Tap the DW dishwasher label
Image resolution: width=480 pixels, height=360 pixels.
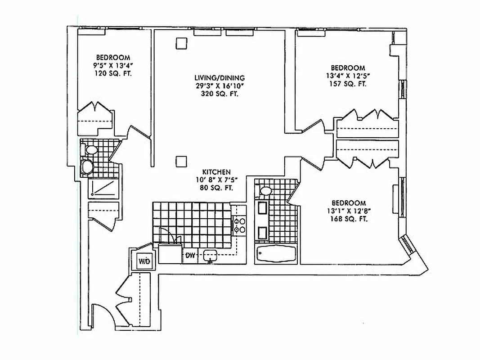tap(190, 256)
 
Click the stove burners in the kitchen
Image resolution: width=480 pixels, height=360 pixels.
tap(239, 225)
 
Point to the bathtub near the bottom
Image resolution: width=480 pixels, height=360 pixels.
tap(276, 255)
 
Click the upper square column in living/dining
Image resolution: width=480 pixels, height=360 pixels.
tap(181, 43)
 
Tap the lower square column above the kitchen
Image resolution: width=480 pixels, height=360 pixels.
tap(181, 161)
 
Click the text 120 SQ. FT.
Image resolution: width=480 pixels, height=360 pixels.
tap(113, 73)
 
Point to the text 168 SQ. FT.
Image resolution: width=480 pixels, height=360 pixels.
tap(350, 219)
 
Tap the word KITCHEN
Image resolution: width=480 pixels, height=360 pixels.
tap(216, 172)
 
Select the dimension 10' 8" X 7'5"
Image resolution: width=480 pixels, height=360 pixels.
tap(216, 180)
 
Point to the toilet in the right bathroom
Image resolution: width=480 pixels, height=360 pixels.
tap(265, 191)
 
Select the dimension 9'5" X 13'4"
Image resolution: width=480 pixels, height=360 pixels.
tap(113, 65)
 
